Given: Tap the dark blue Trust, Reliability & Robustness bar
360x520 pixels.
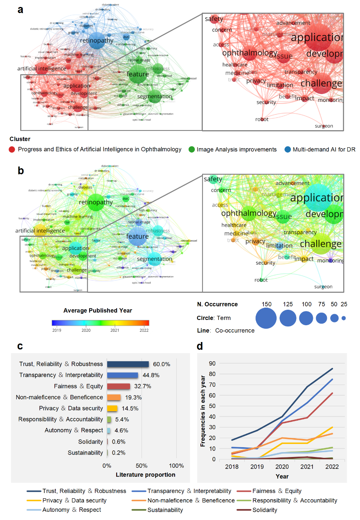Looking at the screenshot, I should [x=128, y=364].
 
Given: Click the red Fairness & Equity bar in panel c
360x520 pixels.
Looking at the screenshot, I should [x=118, y=386].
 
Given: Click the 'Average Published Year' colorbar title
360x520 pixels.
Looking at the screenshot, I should [x=100, y=310].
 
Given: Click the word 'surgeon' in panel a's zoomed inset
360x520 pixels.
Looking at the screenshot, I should [x=324, y=126].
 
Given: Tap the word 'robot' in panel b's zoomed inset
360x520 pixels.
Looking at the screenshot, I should [x=261, y=280].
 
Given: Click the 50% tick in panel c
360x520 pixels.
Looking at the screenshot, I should [x=142, y=466].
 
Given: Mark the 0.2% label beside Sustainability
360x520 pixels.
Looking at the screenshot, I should [x=119, y=453].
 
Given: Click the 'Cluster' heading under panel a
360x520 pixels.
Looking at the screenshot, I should [x=20, y=139].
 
